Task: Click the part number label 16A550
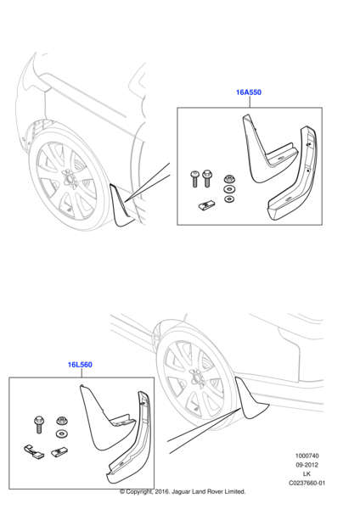click(249, 92)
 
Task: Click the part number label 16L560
click(80, 365)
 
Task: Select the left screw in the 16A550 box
click(194, 178)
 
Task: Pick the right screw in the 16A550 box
click(206, 178)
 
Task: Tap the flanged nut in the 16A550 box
click(230, 178)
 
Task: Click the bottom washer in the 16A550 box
click(229, 199)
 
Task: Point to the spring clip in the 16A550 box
click(206, 204)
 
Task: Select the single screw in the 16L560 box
click(39, 424)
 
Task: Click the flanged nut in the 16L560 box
click(61, 421)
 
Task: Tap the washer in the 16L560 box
click(61, 433)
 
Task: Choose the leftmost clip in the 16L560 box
click(32, 452)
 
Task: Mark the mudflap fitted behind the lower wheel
click(249, 400)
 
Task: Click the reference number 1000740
click(307, 456)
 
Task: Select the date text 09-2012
click(307, 465)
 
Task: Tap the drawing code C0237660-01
click(307, 483)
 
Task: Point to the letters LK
click(307, 474)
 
